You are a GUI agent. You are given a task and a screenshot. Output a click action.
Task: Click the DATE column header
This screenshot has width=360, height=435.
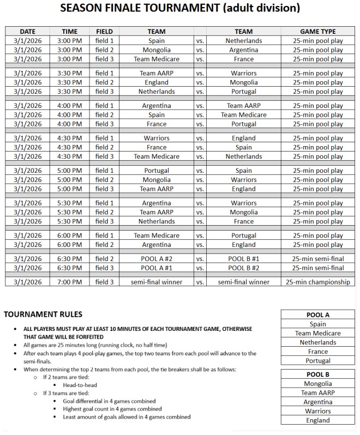click(27, 32)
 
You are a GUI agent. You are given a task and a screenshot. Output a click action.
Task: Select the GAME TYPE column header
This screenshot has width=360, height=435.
click(317, 32)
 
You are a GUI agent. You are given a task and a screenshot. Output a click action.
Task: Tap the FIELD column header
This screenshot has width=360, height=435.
click(104, 32)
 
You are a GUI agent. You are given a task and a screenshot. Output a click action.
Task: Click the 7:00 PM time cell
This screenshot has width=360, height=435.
click(70, 282)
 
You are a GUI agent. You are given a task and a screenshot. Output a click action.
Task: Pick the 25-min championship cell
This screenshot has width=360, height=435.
click(317, 282)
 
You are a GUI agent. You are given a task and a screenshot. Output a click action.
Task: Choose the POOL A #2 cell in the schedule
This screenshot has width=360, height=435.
click(157, 258)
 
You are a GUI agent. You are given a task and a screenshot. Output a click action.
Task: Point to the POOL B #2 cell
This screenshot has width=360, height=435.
click(243, 268)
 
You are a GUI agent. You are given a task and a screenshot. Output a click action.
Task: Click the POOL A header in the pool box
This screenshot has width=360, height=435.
click(318, 315)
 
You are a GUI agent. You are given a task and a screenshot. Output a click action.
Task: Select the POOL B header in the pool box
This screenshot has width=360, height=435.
click(318, 374)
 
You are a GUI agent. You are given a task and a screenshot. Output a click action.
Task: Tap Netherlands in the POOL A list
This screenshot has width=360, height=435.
click(318, 342)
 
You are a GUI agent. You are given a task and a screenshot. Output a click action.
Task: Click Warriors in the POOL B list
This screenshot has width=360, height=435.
click(318, 411)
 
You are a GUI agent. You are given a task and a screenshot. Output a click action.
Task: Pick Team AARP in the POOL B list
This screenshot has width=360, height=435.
click(318, 392)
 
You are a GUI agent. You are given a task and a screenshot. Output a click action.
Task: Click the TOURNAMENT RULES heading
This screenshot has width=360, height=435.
click(43, 314)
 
